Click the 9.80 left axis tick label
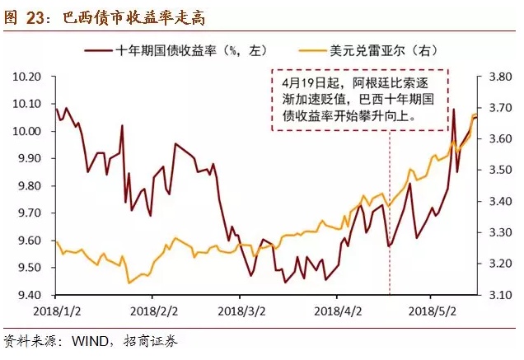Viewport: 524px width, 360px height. [30, 186]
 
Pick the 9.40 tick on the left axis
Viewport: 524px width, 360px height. [30, 295]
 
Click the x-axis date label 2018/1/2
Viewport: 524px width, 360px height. [55, 312]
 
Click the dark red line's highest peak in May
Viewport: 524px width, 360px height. [453, 109]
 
